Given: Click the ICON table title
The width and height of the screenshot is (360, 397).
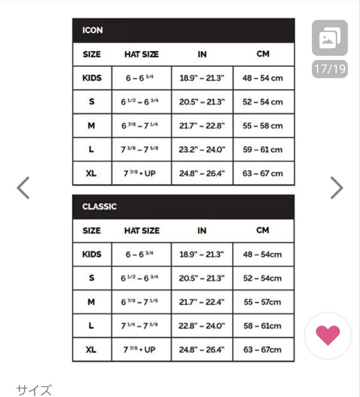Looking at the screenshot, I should click(93, 31).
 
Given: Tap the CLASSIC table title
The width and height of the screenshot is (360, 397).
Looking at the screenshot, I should click(99, 207).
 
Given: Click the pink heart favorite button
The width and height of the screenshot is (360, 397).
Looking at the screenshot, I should click(328, 335).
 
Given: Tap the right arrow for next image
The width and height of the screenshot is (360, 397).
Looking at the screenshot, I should click(336, 188).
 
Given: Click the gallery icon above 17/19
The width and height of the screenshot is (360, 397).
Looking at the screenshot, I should click(330, 38).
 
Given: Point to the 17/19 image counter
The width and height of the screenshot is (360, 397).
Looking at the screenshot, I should click(330, 69).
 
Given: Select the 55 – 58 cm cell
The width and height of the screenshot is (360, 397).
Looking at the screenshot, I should click(263, 126).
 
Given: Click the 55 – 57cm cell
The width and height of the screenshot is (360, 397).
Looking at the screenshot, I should click(263, 302).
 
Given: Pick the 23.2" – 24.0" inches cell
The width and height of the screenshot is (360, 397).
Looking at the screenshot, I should click(202, 150).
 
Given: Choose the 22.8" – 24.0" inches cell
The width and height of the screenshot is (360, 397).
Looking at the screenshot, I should click(202, 326).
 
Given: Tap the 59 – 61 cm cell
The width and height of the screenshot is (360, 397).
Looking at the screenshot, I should click(263, 150).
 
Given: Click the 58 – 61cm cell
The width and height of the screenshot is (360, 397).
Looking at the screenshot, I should click(263, 326).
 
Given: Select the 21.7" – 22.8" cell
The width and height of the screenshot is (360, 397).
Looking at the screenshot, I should click(202, 126).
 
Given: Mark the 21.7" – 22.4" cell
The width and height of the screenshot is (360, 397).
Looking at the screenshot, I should click(202, 302).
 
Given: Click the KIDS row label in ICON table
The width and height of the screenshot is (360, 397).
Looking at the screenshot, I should click(92, 78).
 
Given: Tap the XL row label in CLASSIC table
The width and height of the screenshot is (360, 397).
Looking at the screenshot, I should click(91, 350).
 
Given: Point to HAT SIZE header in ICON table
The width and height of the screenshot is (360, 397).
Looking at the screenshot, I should click(142, 54).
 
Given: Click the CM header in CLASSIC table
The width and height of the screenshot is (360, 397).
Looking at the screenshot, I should click(263, 230).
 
